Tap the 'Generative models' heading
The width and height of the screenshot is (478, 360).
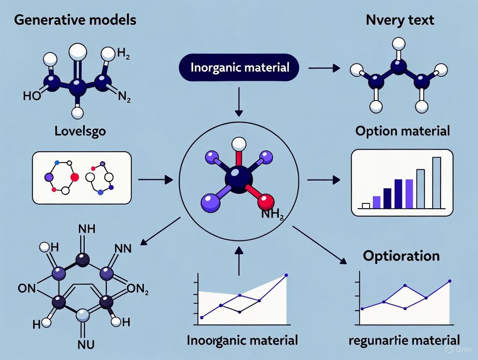pyautogui.click(x=74, y=20)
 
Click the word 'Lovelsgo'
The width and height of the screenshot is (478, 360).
pyautogui.click(x=81, y=131)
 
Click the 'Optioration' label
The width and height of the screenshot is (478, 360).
pyautogui.click(x=401, y=256)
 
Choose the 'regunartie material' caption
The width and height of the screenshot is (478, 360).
pyautogui.click(x=404, y=340)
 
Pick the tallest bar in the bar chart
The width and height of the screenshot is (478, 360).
pyautogui.click(x=436, y=183)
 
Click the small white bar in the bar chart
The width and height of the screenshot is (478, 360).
pyautogui.click(x=365, y=206)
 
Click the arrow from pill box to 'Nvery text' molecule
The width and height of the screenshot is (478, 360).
pyautogui.click(x=323, y=68)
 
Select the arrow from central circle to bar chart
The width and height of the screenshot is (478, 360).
pyautogui.click(x=323, y=178)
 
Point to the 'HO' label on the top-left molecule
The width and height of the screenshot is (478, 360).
pyautogui.click(x=32, y=96)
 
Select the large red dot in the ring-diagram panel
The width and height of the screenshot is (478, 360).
pyautogui.click(x=74, y=177)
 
